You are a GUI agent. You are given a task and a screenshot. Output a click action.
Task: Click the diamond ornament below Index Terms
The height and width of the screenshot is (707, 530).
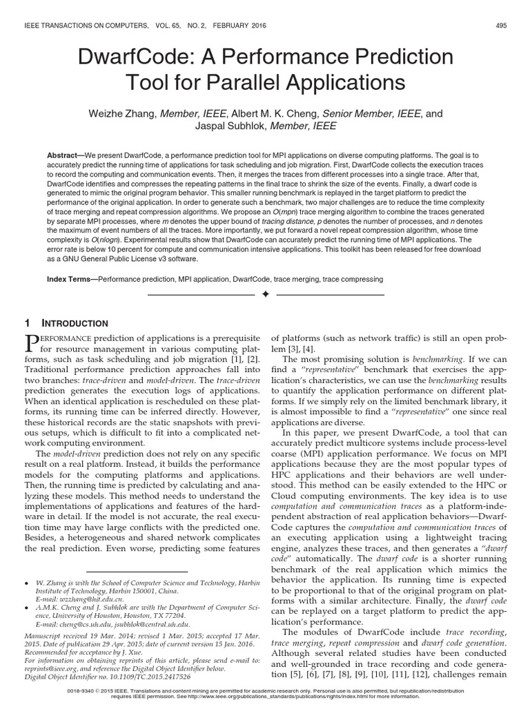[265, 295]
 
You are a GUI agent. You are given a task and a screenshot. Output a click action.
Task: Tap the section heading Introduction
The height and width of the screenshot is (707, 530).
[78, 323]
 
